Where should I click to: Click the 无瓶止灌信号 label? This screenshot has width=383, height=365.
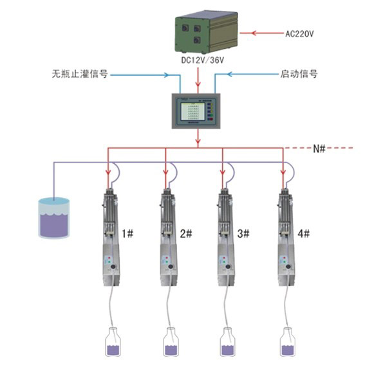[79, 74]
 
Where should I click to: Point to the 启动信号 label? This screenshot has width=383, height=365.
[300, 74]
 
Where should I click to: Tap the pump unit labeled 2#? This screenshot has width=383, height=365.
[167, 238]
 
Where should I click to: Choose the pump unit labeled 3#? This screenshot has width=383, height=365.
[225, 238]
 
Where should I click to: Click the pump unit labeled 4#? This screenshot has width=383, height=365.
[283, 238]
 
